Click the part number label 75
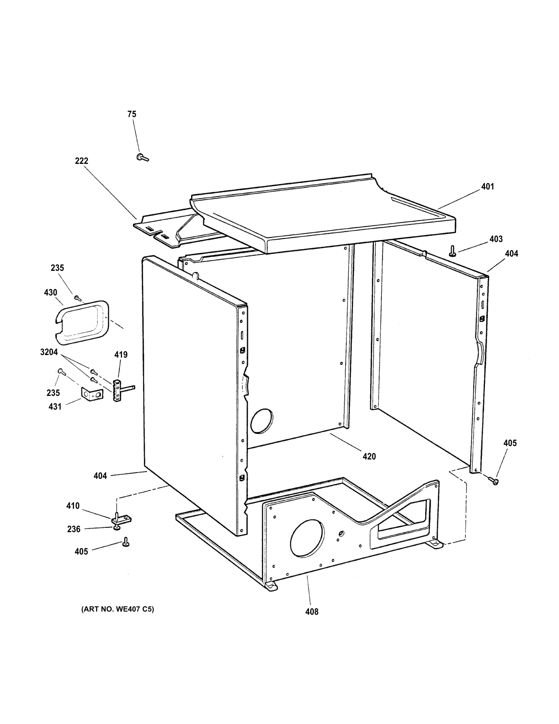pos(132,114)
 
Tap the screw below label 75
pos(142,158)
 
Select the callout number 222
pos(82,161)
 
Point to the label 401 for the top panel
pos(487,187)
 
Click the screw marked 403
pos(453,251)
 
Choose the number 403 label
pos(496,239)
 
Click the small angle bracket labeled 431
pos(91,395)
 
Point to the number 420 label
pos(369,457)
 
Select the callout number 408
pos(312,612)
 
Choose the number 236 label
pos(74,529)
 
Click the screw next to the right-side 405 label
pos(493,480)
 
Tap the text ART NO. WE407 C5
pos(117,609)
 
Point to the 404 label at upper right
pos(511,254)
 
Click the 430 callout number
pos(51,292)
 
